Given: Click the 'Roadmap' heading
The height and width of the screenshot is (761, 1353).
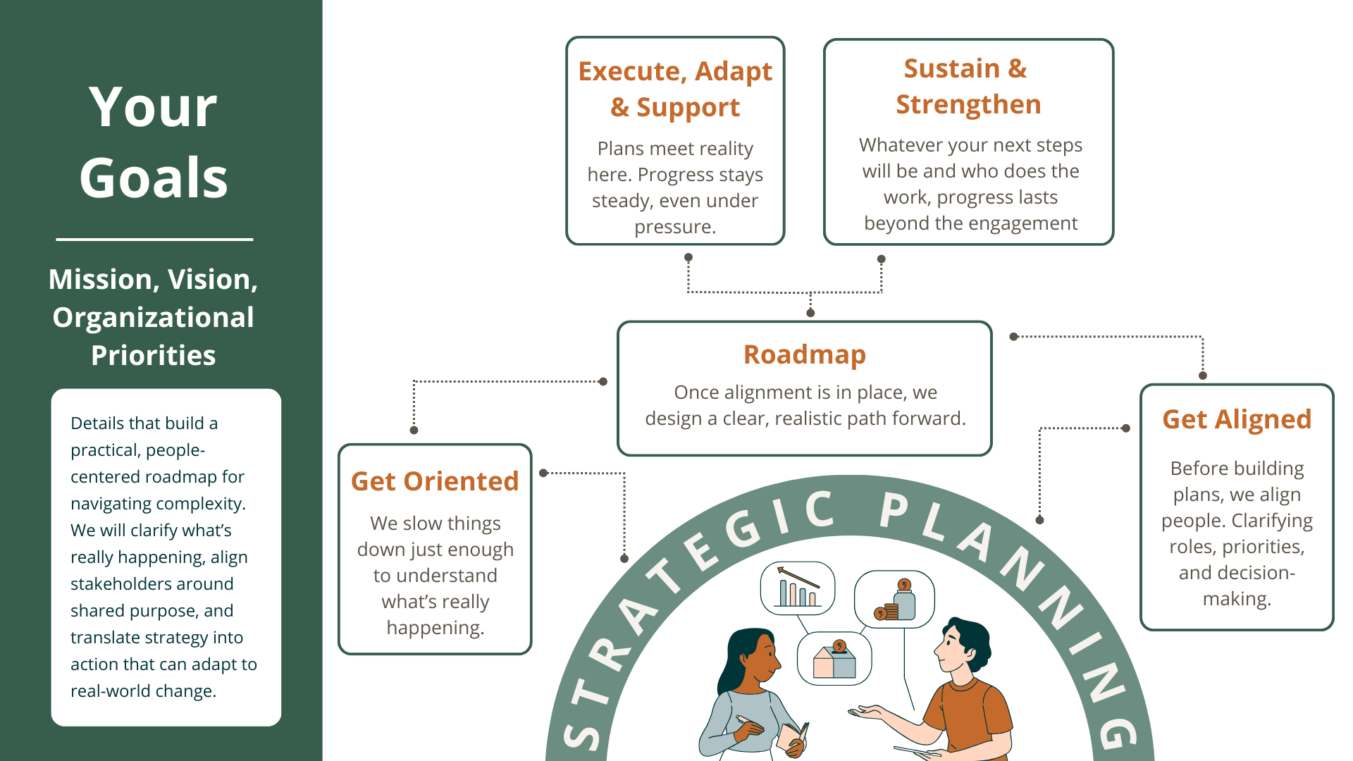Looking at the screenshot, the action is (x=804, y=354).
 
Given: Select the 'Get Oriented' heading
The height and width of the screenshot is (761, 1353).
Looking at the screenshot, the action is (x=435, y=481).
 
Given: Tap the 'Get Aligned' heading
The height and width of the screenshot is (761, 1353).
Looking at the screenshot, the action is (x=1237, y=419).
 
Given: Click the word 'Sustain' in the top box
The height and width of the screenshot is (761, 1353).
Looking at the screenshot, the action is (x=951, y=68).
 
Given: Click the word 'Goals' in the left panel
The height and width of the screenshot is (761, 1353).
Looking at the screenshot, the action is (x=154, y=178).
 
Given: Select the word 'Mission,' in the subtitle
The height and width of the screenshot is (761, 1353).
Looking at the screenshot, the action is (x=104, y=280).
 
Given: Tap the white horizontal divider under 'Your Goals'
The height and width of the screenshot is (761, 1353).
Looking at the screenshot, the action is (x=154, y=240).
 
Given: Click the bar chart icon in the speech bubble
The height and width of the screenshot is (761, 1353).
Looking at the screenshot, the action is (x=798, y=588).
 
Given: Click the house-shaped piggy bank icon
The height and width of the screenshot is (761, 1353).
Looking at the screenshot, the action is (x=834, y=660).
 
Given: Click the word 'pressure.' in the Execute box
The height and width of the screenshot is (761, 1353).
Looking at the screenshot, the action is (x=675, y=227).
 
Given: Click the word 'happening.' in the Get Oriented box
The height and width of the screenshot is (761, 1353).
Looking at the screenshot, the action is (x=435, y=628).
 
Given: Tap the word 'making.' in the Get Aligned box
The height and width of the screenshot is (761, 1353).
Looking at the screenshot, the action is (x=1237, y=599).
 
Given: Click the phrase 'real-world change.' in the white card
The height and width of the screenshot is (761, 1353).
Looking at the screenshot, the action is (x=143, y=691).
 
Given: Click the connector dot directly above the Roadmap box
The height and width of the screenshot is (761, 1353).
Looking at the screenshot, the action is (x=810, y=313).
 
